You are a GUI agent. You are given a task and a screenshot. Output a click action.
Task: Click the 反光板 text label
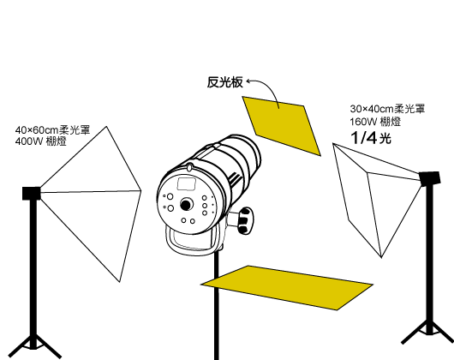tap(225, 82)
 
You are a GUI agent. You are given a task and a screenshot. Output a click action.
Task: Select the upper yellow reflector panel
tap(282, 125)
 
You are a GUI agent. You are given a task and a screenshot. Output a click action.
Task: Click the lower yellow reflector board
tap(287, 287)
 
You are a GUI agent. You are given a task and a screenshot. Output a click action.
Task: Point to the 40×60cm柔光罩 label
tap(52, 129)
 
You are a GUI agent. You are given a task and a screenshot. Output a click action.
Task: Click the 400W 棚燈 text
tap(41, 141)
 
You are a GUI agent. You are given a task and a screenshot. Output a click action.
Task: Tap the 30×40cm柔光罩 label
tap(387, 109)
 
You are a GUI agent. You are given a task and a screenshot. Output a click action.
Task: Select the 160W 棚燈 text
tap(375, 122)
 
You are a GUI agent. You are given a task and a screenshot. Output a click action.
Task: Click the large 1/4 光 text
tap(371, 137)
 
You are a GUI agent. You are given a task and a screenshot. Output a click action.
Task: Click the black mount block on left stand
tap(32, 193)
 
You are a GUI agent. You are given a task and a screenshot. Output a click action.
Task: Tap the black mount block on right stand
tap(430, 178)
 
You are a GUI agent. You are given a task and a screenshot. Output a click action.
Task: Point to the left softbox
tap(90, 203)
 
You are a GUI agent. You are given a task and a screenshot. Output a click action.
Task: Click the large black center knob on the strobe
tap(186, 205)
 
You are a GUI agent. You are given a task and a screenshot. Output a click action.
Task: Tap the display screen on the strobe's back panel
tap(187, 184)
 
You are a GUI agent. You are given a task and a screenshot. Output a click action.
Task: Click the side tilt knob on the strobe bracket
tap(245, 220)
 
